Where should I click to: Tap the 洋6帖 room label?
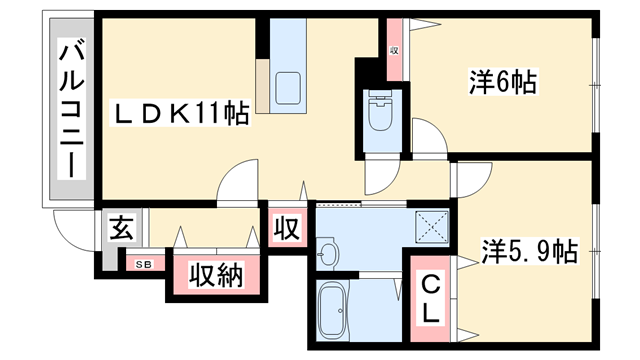tap(503, 81)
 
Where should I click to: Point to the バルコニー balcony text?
tap(70, 109)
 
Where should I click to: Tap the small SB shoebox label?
tap(144, 264)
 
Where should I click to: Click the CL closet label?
tap(429, 298)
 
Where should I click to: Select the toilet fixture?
tap(382, 113)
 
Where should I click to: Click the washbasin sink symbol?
tap(329, 253)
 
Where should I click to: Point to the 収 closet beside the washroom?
tap(287, 228)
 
